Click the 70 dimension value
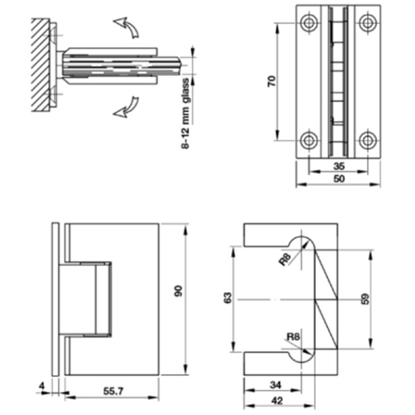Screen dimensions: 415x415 click(273, 81)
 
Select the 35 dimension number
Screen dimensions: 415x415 click(338, 166)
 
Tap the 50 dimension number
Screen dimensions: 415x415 click(338, 179)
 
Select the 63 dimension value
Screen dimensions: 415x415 click(227, 297)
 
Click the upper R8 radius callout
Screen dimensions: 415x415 click(285, 260)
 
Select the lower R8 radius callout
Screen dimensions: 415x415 click(293, 338)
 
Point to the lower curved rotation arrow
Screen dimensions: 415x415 click(127, 107)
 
